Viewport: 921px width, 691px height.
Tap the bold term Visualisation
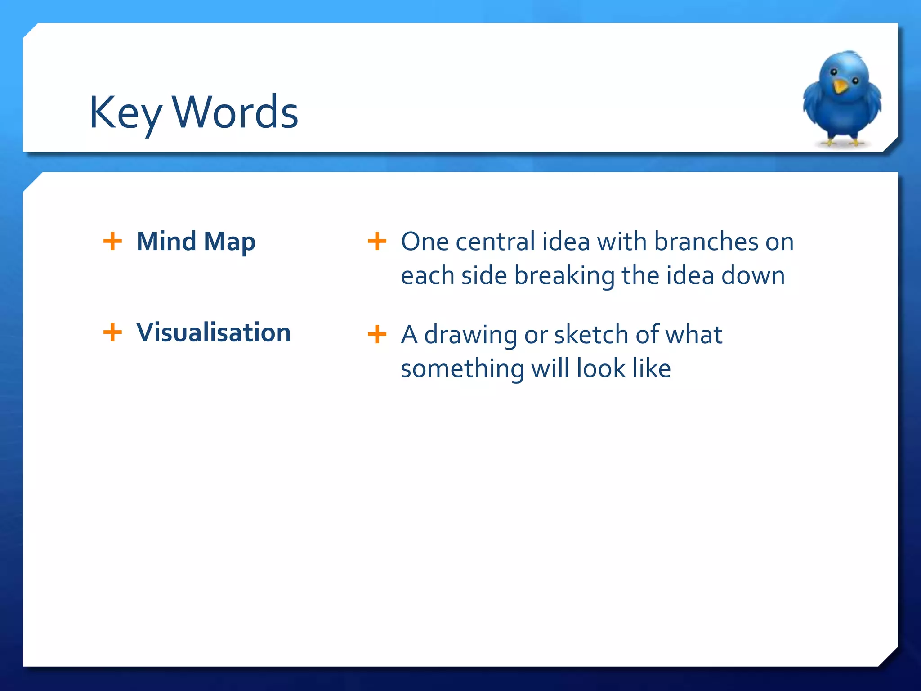pos(214,332)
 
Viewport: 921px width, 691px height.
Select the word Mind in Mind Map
pos(166,241)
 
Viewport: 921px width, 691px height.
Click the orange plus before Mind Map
pos(112,241)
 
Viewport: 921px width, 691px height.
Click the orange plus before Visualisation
pos(112,332)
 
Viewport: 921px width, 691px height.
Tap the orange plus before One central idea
pos(377,241)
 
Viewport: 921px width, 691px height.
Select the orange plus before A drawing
pos(377,334)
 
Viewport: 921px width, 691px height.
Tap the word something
pos(462,369)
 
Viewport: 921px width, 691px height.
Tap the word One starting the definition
pos(425,242)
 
